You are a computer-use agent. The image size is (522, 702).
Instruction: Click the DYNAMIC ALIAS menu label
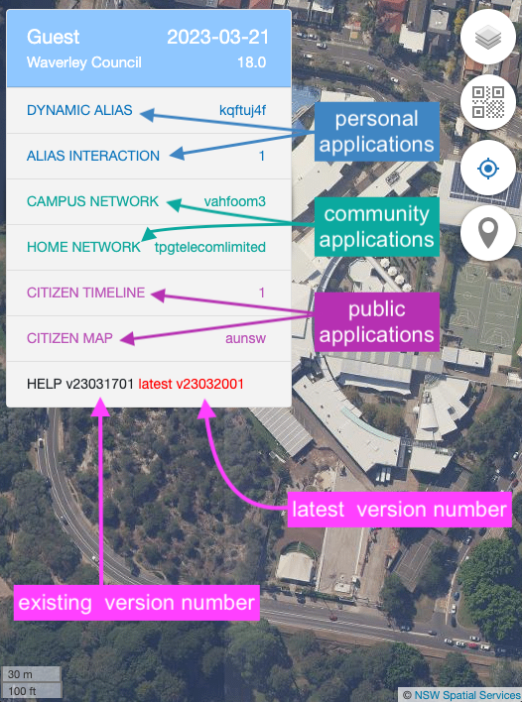pyautogui.click(x=79, y=110)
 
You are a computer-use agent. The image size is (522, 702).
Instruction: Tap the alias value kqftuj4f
pyautogui.click(x=242, y=111)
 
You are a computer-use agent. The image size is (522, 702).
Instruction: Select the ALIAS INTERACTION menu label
pyautogui.click(x=93, y=156)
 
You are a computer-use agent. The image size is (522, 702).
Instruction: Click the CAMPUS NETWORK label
pyautogui.click(x=92, y=201)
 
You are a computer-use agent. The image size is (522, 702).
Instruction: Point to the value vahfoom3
pyautogui.click(x=235, y=201)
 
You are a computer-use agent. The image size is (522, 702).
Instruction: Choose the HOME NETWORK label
pyautogui.click(x=83, y=247)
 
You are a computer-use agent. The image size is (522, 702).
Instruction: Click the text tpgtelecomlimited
pyautogui.click(x=210, y=247)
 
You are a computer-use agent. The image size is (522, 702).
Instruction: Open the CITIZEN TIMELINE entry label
pyautogui.click(x=85, y=292)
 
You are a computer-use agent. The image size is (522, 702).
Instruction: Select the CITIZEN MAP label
pyautogui.click(x=69, y=338)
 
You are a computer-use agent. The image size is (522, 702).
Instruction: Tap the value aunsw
pyautogui.click(x=245, y=338)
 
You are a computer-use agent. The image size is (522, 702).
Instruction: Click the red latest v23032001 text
pyautogui.click(x=191, y=384)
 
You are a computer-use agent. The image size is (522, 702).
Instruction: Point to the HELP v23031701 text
pyautogui.click(x=80, y=384)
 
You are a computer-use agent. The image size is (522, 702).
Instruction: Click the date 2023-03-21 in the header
pyautogui.click(x=217, y=37)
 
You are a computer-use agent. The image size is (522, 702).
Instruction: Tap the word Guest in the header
pyautogui.click(x=53, y=37)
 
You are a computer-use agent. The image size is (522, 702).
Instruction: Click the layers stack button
pyautogui.click(x=488, y=37)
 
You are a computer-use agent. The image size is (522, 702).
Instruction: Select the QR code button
pyautogui.click(x=488, y=102)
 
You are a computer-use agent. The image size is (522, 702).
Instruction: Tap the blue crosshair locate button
pyautogui.click(x=488, y=169)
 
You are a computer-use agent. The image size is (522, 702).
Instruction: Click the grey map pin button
pyautogui.click(x=488, y=233)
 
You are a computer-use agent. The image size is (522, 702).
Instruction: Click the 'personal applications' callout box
pyautogui.click(x=377, y=132)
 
